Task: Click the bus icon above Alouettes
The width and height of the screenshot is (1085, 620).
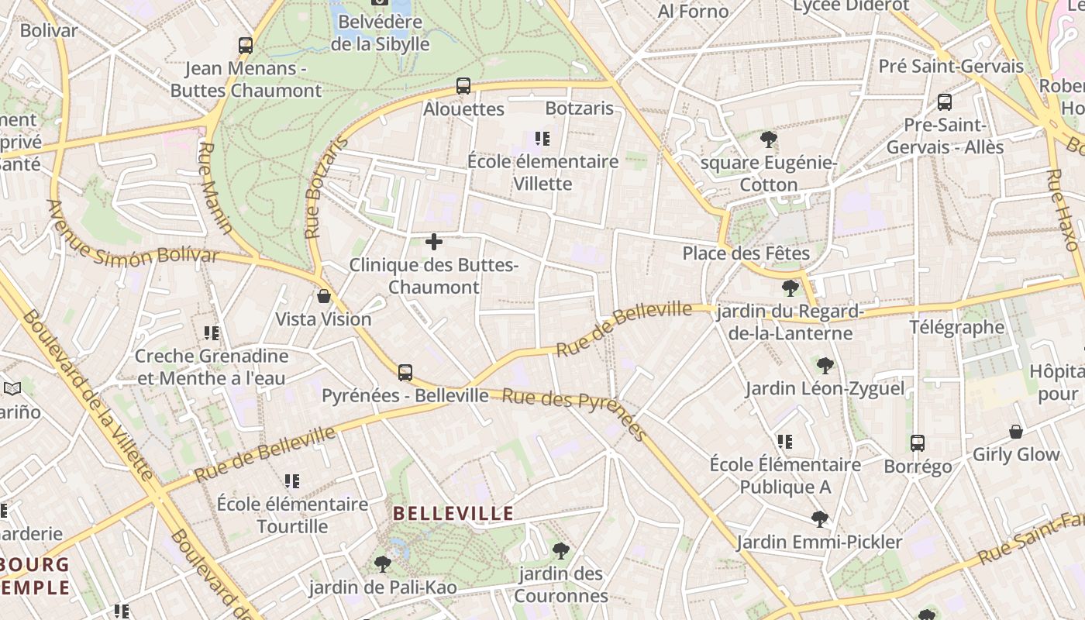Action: (x=463, y=86)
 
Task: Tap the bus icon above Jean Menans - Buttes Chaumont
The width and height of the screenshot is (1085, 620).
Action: (x=246, y=46)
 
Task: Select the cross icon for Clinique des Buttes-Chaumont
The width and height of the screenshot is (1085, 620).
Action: (x=434, y=243)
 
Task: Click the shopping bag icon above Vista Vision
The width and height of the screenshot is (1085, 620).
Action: (x=324, y=296)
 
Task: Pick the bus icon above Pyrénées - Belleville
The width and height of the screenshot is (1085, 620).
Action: (x=405, y=373)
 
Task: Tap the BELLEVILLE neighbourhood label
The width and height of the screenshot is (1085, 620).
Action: (x=453, y=513)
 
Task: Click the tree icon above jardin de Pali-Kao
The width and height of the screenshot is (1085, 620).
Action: (x=382, y=564)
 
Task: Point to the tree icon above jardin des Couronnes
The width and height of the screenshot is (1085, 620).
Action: (x=560, y=551)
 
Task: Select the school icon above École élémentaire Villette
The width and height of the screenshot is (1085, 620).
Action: (x=542, y=139)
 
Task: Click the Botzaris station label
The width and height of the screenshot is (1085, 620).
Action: (x=580, y=108)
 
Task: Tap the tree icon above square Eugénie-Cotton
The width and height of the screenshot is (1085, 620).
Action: (x=769, y=140)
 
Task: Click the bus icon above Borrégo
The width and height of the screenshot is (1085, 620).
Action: (x=918, y=443)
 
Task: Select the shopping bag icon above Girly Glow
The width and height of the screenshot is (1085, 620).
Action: (x=1016, y=432)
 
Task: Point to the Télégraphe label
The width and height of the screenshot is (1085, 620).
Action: (x=957, y=327)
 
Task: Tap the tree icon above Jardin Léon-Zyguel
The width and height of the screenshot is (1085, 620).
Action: (x=825, y=365)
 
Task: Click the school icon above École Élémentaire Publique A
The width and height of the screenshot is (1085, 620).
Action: (x=785, y=442)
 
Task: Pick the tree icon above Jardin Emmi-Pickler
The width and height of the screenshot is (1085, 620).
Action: (x=819, y=519)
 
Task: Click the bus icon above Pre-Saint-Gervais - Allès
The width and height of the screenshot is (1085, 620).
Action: (x=945, y=102)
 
